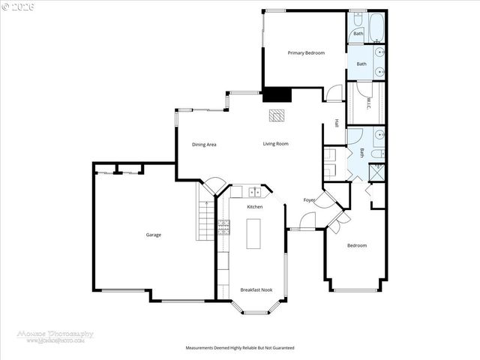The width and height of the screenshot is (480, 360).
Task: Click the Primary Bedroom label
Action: click(306, 53)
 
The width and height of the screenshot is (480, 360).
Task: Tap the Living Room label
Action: click(275, 144)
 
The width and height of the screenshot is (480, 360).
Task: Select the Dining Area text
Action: click(204, 145)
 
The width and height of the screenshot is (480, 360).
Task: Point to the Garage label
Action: click(153, 235)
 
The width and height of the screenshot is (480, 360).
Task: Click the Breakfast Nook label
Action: click(256, 289)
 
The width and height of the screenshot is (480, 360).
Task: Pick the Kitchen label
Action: click(255, 207)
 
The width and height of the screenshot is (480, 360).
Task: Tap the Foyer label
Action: click(308, 200)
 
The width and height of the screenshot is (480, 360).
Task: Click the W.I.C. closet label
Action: click(368, 105)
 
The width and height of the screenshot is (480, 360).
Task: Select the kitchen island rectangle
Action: click(253, 233)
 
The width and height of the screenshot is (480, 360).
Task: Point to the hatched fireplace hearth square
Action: click(277, 115)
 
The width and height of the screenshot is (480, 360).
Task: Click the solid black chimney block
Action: click(277, 95)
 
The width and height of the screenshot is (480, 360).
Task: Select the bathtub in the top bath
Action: click(376, 26)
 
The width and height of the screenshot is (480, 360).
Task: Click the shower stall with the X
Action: click(378, 172)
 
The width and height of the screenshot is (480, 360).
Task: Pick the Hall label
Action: click(337, 123)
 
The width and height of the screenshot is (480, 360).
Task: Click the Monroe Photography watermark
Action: click(55, 336)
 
